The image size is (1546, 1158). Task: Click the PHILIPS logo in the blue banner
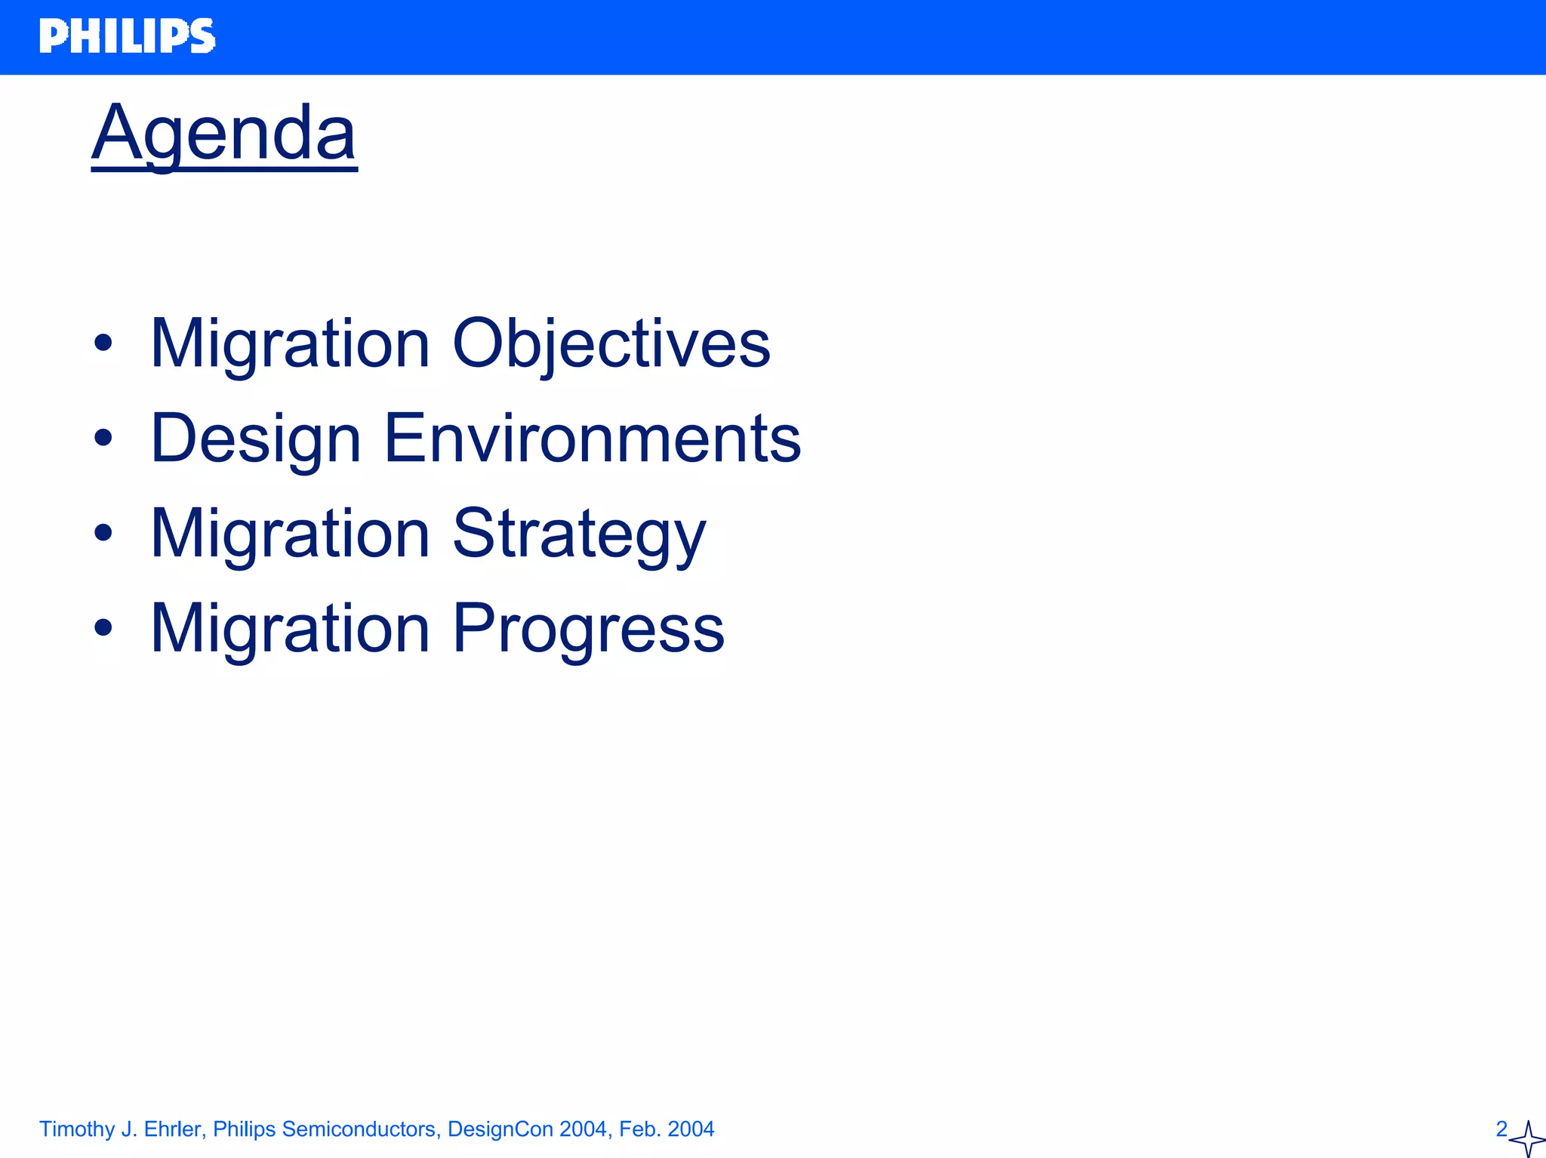(127, 36)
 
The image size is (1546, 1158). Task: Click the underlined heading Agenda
(223, 134)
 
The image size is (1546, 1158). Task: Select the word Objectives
(611, 343)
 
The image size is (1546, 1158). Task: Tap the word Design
(255, 439)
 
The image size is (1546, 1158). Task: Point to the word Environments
(592, 439)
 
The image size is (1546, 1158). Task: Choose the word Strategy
(578, 534)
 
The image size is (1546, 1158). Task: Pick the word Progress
(588, 629)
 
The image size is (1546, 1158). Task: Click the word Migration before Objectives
(290, 343)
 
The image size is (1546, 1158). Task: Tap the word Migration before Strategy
(290, 534)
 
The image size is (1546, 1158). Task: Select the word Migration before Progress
(290, 629)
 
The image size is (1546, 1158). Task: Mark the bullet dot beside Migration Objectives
(103, 344)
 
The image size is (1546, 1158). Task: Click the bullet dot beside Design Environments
(103, 439)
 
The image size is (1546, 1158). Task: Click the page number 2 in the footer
(1501, 1129)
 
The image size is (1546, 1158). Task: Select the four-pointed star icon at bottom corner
(1526, 1139)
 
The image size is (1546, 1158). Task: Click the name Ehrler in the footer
(174, 1129)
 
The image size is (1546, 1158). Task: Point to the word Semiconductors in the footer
(358, 1129)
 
